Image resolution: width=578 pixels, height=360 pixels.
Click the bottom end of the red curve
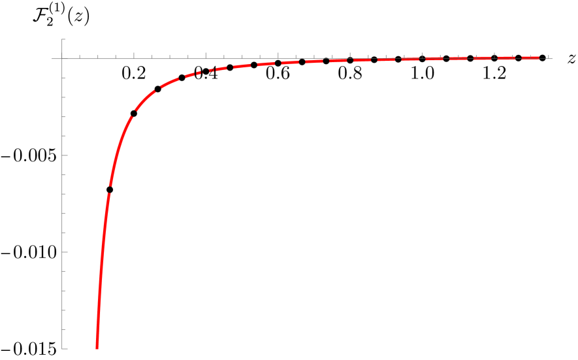click(97, 349)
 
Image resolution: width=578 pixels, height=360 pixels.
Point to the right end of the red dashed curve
click(539, 57)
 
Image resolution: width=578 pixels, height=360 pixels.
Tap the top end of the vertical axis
click(63, 39)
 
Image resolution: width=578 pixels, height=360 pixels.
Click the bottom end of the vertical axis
click(63, 349)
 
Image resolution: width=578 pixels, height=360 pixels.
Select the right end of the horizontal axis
click(553, 59)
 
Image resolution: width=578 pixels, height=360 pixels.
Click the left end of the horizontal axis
click(52, 59)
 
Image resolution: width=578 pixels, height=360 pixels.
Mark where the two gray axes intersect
click(63, 59)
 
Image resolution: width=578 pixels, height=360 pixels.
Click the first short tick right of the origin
click(80, 57)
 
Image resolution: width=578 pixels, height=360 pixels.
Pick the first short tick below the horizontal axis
click(64, 78)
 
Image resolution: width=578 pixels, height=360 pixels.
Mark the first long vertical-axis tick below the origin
click(65, 155)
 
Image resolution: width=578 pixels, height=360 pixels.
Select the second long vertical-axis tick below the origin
click(65, 252)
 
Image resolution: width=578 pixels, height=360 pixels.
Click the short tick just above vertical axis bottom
click(64, 329)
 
